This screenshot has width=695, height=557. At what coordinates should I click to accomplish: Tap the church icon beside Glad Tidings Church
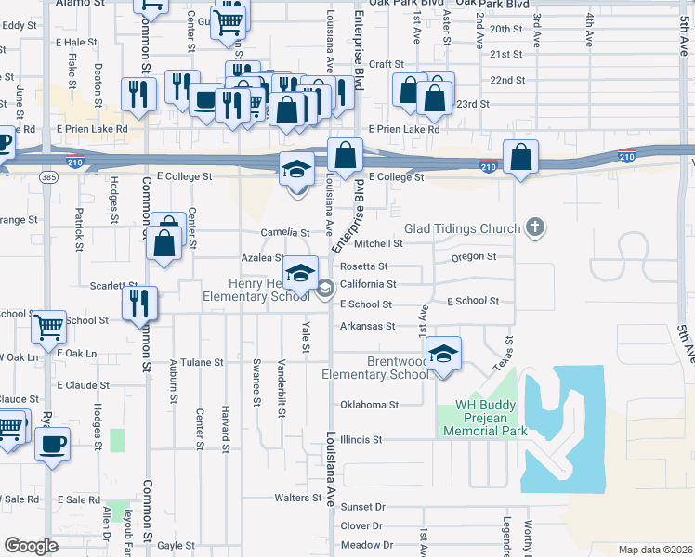[x=534, y=227]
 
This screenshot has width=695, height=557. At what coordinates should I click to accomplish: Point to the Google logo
[x=31, y=545]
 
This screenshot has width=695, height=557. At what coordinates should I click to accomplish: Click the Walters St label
[x=297, y=498]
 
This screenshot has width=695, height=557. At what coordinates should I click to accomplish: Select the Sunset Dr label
[x=362, y=507]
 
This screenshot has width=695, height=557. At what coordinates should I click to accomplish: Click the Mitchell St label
[x=378, y=243]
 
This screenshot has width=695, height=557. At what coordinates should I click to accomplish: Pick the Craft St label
[x=385, y=64]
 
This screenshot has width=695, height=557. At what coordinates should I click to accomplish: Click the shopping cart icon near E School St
[x=48, y=326]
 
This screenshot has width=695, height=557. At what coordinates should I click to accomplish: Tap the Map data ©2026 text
[x=655, y=550]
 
